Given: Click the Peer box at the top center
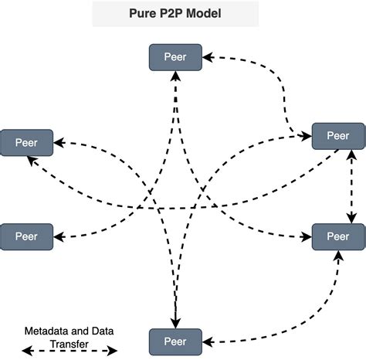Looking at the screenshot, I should coord(175,56).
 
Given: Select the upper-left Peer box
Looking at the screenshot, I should coord(27,142).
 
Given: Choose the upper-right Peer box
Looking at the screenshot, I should coord(337,136).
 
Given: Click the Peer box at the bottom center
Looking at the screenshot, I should coord(175,341).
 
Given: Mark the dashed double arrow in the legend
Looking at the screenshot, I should coord(69,352).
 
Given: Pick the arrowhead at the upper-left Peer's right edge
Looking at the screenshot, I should coord(59,142).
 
